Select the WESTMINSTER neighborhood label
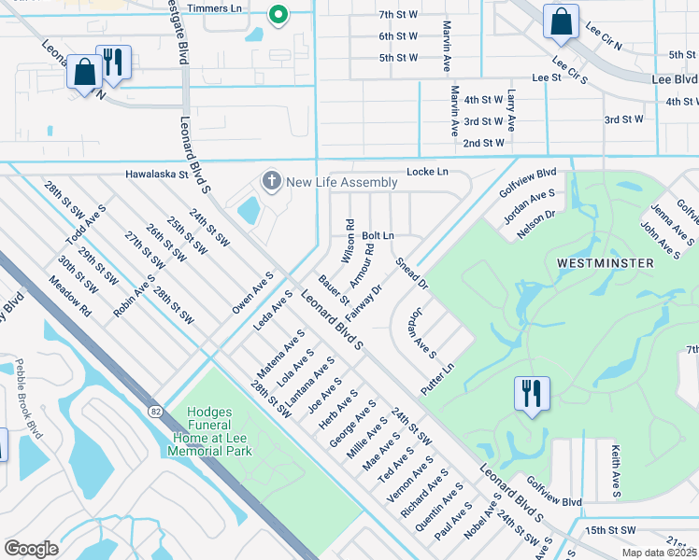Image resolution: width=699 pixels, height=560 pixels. tap(605, 263)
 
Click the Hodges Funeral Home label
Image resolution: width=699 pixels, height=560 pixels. tap(209, 431)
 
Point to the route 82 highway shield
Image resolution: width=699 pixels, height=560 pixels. tap(151, 410)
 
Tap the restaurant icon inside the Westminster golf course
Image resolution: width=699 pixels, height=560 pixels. tap(531, 392)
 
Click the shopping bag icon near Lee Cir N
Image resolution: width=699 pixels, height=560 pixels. tap(560, 21)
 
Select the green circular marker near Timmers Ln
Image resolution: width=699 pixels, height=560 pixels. tap(277, 14)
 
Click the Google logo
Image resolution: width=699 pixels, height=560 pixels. tap(31, 548)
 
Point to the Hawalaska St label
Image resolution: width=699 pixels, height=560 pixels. tap(158, 174)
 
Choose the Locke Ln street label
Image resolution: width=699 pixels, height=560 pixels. tap(427, 172)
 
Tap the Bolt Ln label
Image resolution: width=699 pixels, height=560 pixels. tap(378, 235)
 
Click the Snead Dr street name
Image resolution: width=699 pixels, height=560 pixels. tap(410, 273)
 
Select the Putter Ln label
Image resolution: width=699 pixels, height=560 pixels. tap(436, 380)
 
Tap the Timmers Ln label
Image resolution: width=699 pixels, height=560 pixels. tap(214, 8)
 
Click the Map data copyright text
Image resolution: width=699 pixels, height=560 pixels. tap(660, 553)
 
